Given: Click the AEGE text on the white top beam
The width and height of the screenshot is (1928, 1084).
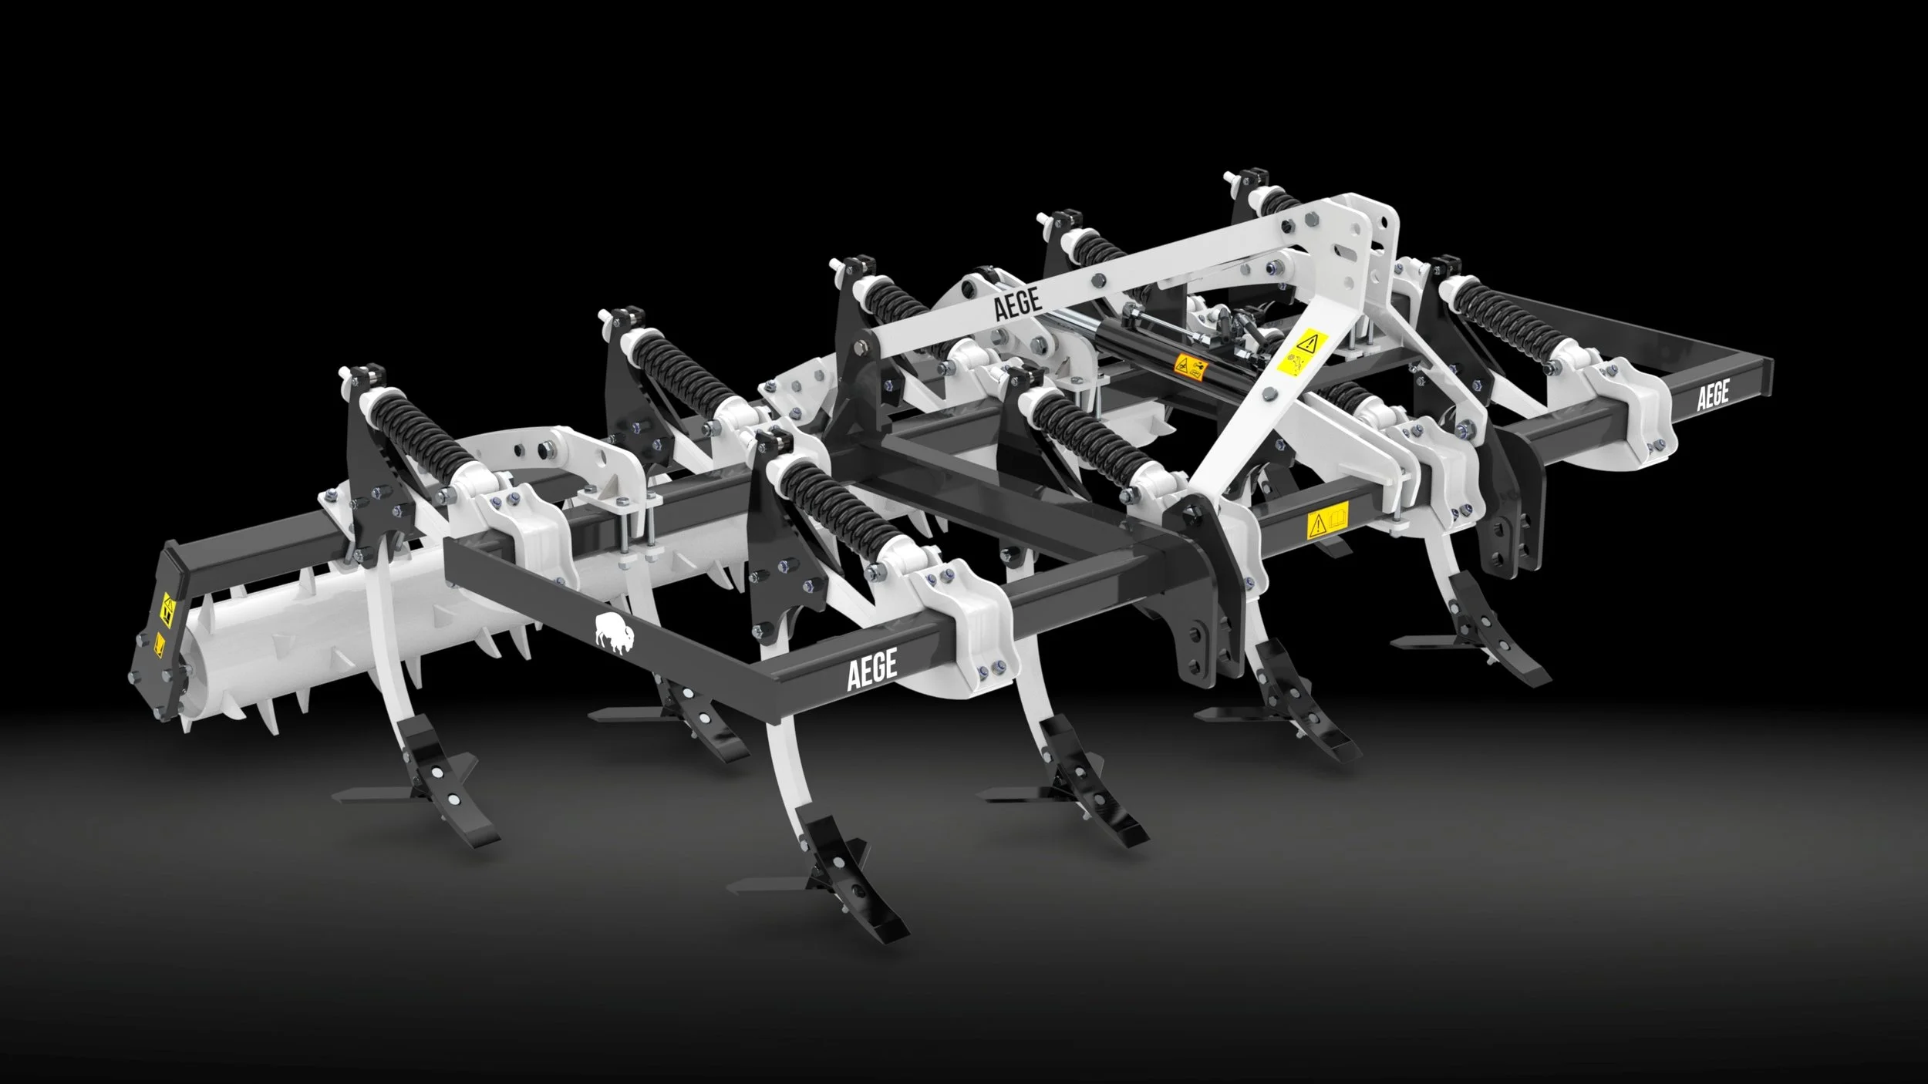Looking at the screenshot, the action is click(1018, 304).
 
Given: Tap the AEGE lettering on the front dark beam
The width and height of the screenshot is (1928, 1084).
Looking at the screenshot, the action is click(872, 669).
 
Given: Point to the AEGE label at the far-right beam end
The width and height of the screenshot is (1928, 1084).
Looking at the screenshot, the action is click(1713, 395).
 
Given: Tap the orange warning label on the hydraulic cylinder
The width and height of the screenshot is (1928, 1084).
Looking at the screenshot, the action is click(1192, 367).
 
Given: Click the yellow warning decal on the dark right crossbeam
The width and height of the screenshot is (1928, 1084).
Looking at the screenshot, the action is click(1327, 523).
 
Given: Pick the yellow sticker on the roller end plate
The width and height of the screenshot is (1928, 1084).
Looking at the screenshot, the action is click(165, 609).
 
